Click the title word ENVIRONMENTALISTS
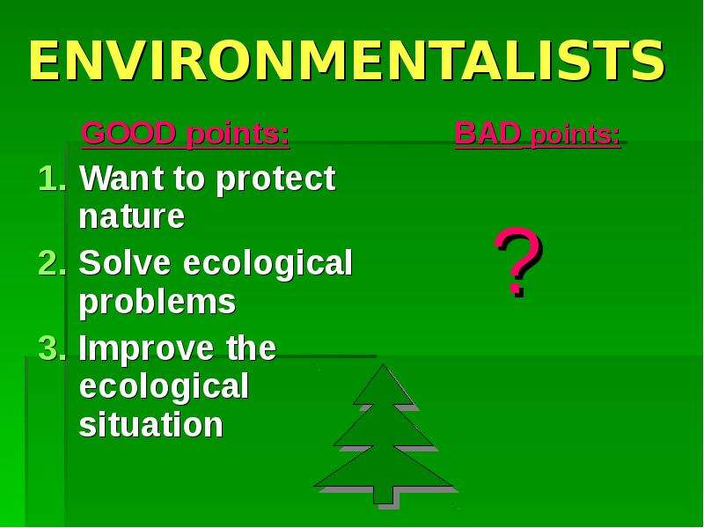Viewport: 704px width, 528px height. (x=347, y=61)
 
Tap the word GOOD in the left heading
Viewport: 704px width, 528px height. (x=128, y=133)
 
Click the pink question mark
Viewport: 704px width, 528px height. (x=518, y=261)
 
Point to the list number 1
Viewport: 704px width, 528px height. (x=52, y=179)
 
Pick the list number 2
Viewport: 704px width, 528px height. (x=52, y=262)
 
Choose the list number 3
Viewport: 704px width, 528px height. (x=52, y=348)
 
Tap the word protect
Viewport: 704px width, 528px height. (x=275, y=180)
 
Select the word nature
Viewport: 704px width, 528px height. (x=132, y=216)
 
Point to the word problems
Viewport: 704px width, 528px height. (x=158, y=302)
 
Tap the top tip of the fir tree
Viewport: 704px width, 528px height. (x=383, y=364)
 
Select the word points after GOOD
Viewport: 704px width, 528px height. (x=238, y=135)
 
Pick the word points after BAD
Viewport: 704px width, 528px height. (x=576, y=136)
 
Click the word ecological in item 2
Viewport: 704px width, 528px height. (x=268, y=265)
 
